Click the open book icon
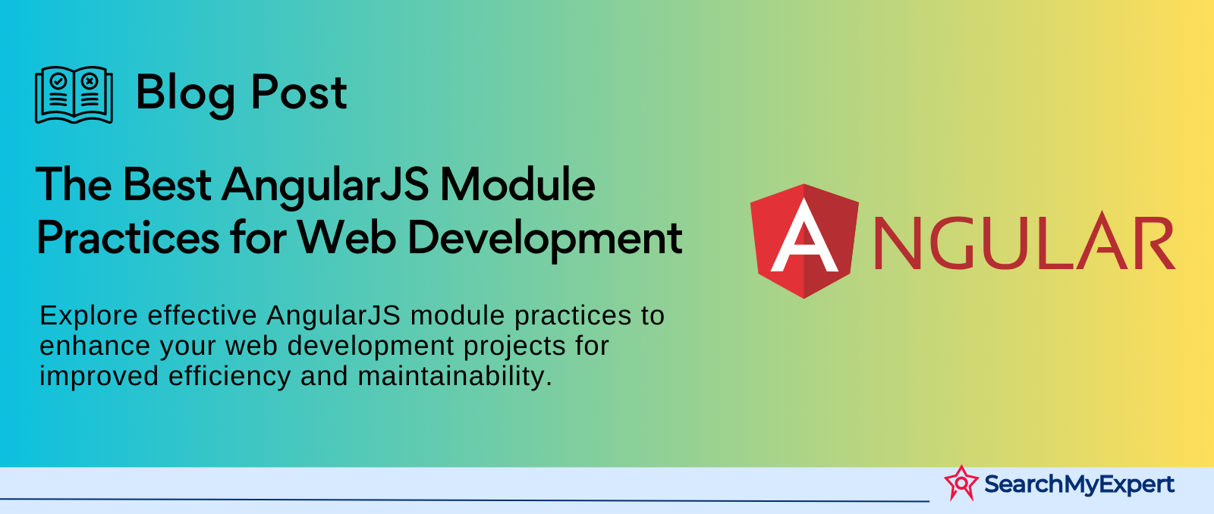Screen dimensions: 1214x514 tap(74, 95)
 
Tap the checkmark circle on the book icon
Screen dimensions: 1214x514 tap(58, 81)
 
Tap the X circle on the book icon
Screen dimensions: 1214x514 tap(90, 81)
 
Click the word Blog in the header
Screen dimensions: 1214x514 tap(185, 94)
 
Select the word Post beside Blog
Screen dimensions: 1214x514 tap(299, 92)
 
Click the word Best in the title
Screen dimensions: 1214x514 tap(166, 185)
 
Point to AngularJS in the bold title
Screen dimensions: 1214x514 tap(326, 186)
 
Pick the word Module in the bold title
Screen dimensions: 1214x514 tap(517, 184)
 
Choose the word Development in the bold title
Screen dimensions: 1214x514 tap(545, 239)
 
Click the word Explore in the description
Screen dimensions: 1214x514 tap(89, 316)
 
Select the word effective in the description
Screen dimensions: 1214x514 tap(202, 315)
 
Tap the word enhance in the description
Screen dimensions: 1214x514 tap(95, 346)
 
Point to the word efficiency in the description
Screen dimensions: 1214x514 tap(230, 377)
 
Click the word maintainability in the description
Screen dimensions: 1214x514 tap(455, 376)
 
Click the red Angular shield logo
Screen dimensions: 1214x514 tap(804, 241)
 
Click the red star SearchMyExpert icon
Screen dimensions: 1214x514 tap(961, 483)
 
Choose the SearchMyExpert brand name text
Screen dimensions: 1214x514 tap(1079, 484)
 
